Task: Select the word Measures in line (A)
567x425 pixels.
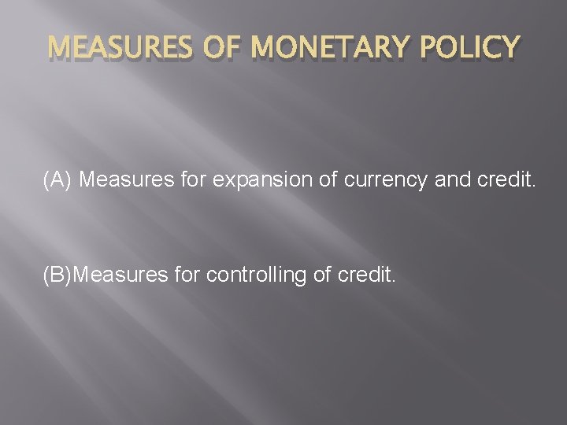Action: [124, 180]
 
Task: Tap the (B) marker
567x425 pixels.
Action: [57, 276]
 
